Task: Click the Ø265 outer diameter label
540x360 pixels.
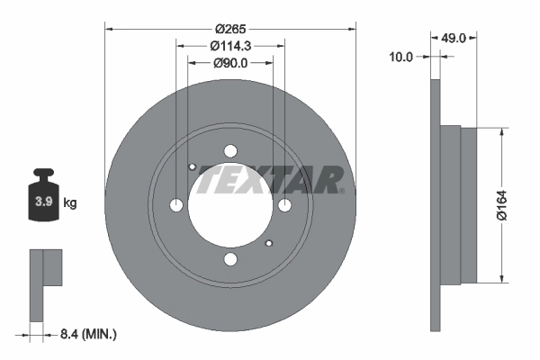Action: point(230,29)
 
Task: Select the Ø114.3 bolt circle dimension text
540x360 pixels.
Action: point(230,46)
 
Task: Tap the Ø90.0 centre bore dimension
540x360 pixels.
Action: point(230,63)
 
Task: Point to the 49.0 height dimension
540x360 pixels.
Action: point(454,38)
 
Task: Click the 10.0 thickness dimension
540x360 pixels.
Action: point(400,57)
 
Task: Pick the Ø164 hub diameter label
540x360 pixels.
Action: point(502,205)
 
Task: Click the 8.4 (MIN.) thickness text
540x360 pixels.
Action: point(88,334)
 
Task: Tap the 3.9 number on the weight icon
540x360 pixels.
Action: point(44,202)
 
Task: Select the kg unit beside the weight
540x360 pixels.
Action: point(70,202)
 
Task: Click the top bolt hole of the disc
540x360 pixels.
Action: point(230,151)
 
